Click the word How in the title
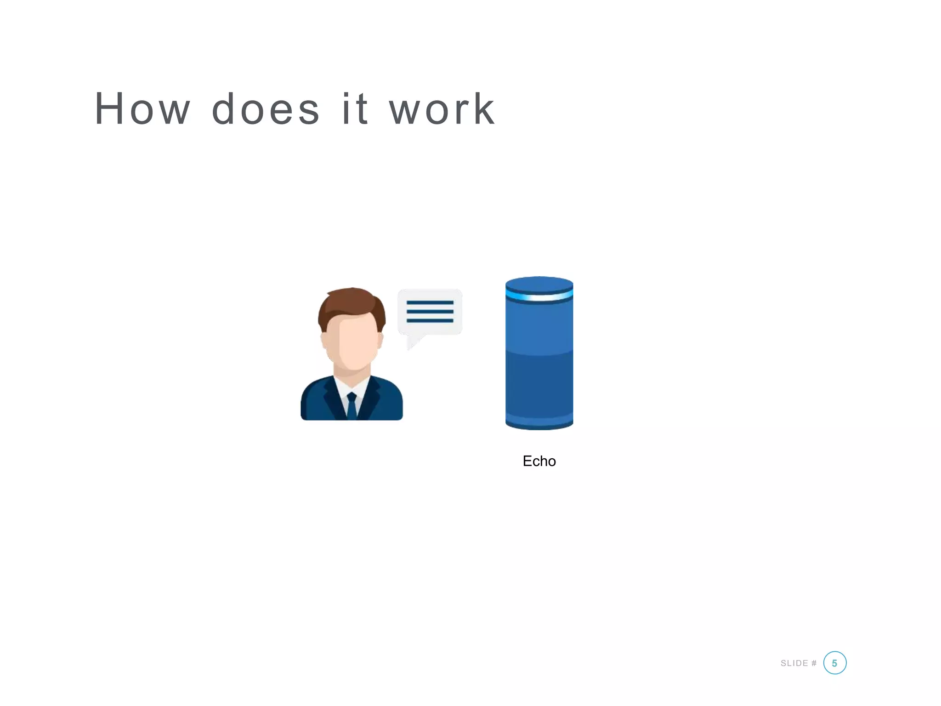pyautogui.click(x=142, y=109)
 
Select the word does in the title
pyautogui.click(x=265, y=109)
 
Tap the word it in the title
pyautogui.click(x=355, y=109)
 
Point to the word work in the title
pyautogui.click(x=442, y=109)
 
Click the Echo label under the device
pyautogui.click(x=539, y=461)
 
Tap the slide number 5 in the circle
pyautogui.click(x=834, y=663)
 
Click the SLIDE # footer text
pyautogui.click(x=799, y=663)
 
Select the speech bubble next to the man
pyautogui.click(x=430, y=313)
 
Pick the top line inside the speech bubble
pyautogui.click(x=430, y=303)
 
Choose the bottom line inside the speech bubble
pyautogui.click(x=430, y=320)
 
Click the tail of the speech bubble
pyautogui.click(x=414, y=342)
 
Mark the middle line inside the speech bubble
pyautogui.click(x=430, y=312)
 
